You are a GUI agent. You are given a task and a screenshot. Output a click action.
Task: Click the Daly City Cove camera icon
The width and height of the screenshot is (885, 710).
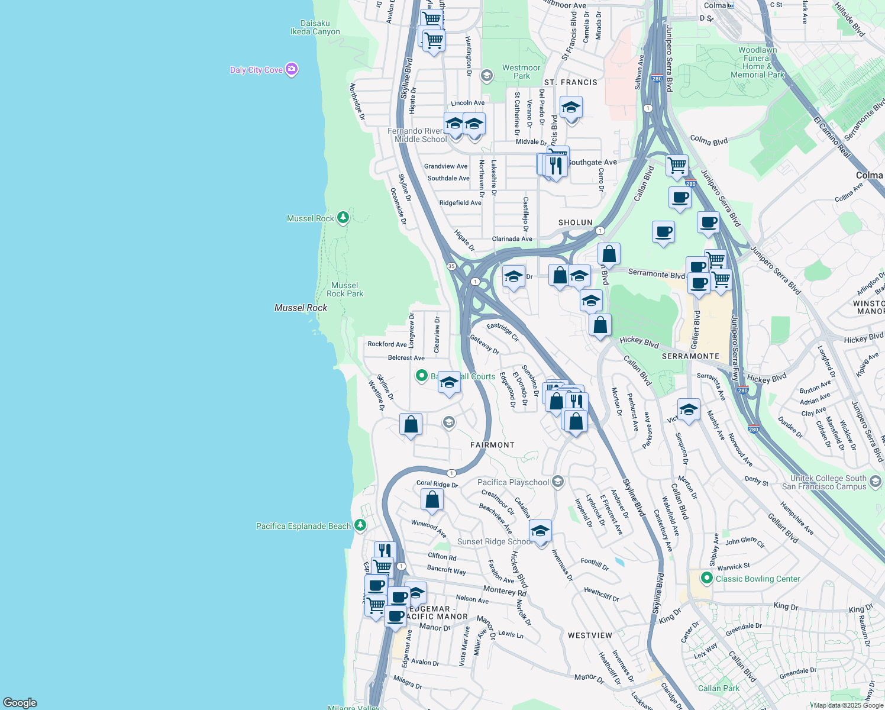[x=291, y=70]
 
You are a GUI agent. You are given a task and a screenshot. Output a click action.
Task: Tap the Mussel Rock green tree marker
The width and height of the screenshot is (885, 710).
[x=343, y=218]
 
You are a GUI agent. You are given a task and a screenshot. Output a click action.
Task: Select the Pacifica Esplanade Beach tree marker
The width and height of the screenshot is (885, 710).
[x=360, y=525]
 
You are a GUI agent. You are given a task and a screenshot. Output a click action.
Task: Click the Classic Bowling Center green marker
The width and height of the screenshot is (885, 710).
[x=706, y=578]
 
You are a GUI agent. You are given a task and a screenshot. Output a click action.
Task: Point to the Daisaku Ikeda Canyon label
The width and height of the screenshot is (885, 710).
[x=315, y=28]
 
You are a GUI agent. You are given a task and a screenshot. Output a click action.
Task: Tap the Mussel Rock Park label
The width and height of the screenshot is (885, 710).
[x=345, y=289]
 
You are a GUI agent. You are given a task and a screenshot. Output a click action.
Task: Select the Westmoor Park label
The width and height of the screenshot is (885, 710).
[x=521, y=72]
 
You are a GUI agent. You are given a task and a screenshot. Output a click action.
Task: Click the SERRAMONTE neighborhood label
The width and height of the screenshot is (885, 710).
[x=690, y=356]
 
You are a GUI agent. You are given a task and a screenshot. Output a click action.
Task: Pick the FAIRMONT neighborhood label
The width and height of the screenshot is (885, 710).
[x=492, y=445]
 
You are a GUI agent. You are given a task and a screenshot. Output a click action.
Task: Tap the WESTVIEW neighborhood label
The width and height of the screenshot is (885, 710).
[x=590, y=635]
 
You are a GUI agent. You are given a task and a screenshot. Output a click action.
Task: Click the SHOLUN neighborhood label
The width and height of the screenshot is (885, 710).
[x=575, y=222]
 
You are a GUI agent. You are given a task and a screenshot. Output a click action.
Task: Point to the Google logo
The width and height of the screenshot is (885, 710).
[x=20, y=703]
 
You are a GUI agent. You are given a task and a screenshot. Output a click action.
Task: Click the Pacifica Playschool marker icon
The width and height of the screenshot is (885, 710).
[x=557, y=482]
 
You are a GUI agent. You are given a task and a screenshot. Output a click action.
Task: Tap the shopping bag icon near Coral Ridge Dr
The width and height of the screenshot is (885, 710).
[x=432, y=499]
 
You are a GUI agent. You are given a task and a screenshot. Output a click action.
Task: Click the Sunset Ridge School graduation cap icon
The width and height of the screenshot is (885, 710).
[x=540, y=531]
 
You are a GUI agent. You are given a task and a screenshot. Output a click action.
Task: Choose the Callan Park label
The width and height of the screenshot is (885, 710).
[x=718, y=688]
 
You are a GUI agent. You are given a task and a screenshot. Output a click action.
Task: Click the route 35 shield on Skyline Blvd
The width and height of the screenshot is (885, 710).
[x=451, y=266]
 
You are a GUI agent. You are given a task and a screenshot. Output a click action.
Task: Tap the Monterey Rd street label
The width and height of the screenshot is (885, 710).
[x=505, y=590]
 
